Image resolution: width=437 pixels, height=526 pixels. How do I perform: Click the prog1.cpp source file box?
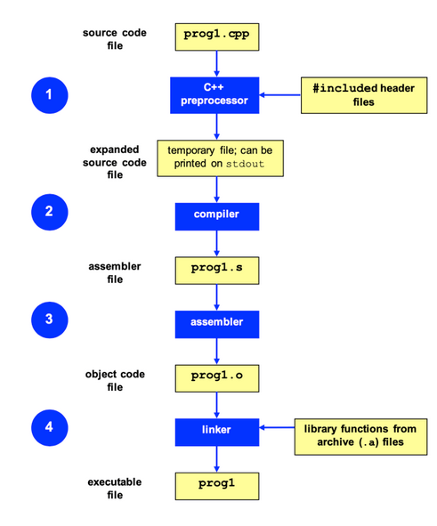(x=217, y=36)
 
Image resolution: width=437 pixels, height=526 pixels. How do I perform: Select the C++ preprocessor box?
(x=214, y=95)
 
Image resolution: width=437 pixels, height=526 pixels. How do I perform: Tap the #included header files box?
(x=364, y=95)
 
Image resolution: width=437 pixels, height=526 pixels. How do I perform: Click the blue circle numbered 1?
(x=50, y=95)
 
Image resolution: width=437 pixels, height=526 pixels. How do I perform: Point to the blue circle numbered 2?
(x=50, y=212)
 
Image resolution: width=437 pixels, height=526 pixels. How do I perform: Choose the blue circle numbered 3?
(x=50, y=320)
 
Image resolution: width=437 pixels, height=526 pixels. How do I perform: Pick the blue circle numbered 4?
(x=50, y=428)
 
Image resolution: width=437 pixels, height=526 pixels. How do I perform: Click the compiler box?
(x=217, y=216)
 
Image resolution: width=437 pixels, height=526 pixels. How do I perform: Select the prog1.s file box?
(x=217, y=271)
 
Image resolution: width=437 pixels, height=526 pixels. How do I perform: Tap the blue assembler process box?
(x=217, y=324)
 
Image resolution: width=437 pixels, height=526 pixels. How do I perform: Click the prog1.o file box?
(x=217, y=378)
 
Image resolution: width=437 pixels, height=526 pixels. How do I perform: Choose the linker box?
(x=217, y=432)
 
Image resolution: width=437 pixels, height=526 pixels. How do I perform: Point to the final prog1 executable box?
(x=217, y=486)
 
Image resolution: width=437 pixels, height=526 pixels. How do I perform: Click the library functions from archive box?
(x=360, y=437)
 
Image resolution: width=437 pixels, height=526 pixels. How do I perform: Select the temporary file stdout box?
(x=221, y=158)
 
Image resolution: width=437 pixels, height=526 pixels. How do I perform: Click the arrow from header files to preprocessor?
(x=280, y=95)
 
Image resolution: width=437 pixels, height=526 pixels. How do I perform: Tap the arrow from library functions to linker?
(x=277, y=427)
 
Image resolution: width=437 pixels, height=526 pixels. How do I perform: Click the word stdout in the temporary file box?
(x=245, y=164)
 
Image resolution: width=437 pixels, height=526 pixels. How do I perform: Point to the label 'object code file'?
(x=115, y=380)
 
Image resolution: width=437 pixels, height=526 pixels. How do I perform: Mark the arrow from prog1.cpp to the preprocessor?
(x=216, y=64)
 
